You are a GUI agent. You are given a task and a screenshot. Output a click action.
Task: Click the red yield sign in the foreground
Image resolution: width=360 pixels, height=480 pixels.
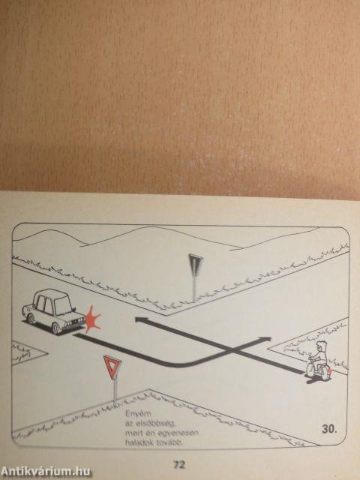click(112, 366)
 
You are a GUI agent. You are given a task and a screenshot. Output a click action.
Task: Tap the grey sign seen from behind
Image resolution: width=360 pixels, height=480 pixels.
click(195, 264)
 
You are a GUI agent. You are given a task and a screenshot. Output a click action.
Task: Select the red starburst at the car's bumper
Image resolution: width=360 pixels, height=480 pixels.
click(92, 319)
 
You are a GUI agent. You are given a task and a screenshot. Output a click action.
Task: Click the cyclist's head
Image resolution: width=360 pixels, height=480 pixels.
click(321, 347)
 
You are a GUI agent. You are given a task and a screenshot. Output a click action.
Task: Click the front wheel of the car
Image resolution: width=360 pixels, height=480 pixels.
click(55, 328)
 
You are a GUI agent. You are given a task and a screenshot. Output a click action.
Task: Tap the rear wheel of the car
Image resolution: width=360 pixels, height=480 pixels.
click(31, 319)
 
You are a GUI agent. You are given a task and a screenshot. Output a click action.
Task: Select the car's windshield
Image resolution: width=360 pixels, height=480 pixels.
click(63, 306)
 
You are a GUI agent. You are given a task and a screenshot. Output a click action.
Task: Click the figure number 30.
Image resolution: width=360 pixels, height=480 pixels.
click(329, 429)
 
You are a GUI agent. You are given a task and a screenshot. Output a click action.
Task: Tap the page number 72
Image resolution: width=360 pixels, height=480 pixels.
click(179, 465)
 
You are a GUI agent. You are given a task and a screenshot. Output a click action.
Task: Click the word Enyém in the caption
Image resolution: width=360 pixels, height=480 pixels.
click(133, 413)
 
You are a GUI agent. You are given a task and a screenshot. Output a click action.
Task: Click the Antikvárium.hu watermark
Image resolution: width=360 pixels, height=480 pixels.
click(45, 472)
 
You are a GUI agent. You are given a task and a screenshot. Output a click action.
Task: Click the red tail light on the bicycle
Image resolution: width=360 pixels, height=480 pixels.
click(330, 372)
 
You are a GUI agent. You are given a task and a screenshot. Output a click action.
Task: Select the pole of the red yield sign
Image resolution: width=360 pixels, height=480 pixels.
click(115, 391)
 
